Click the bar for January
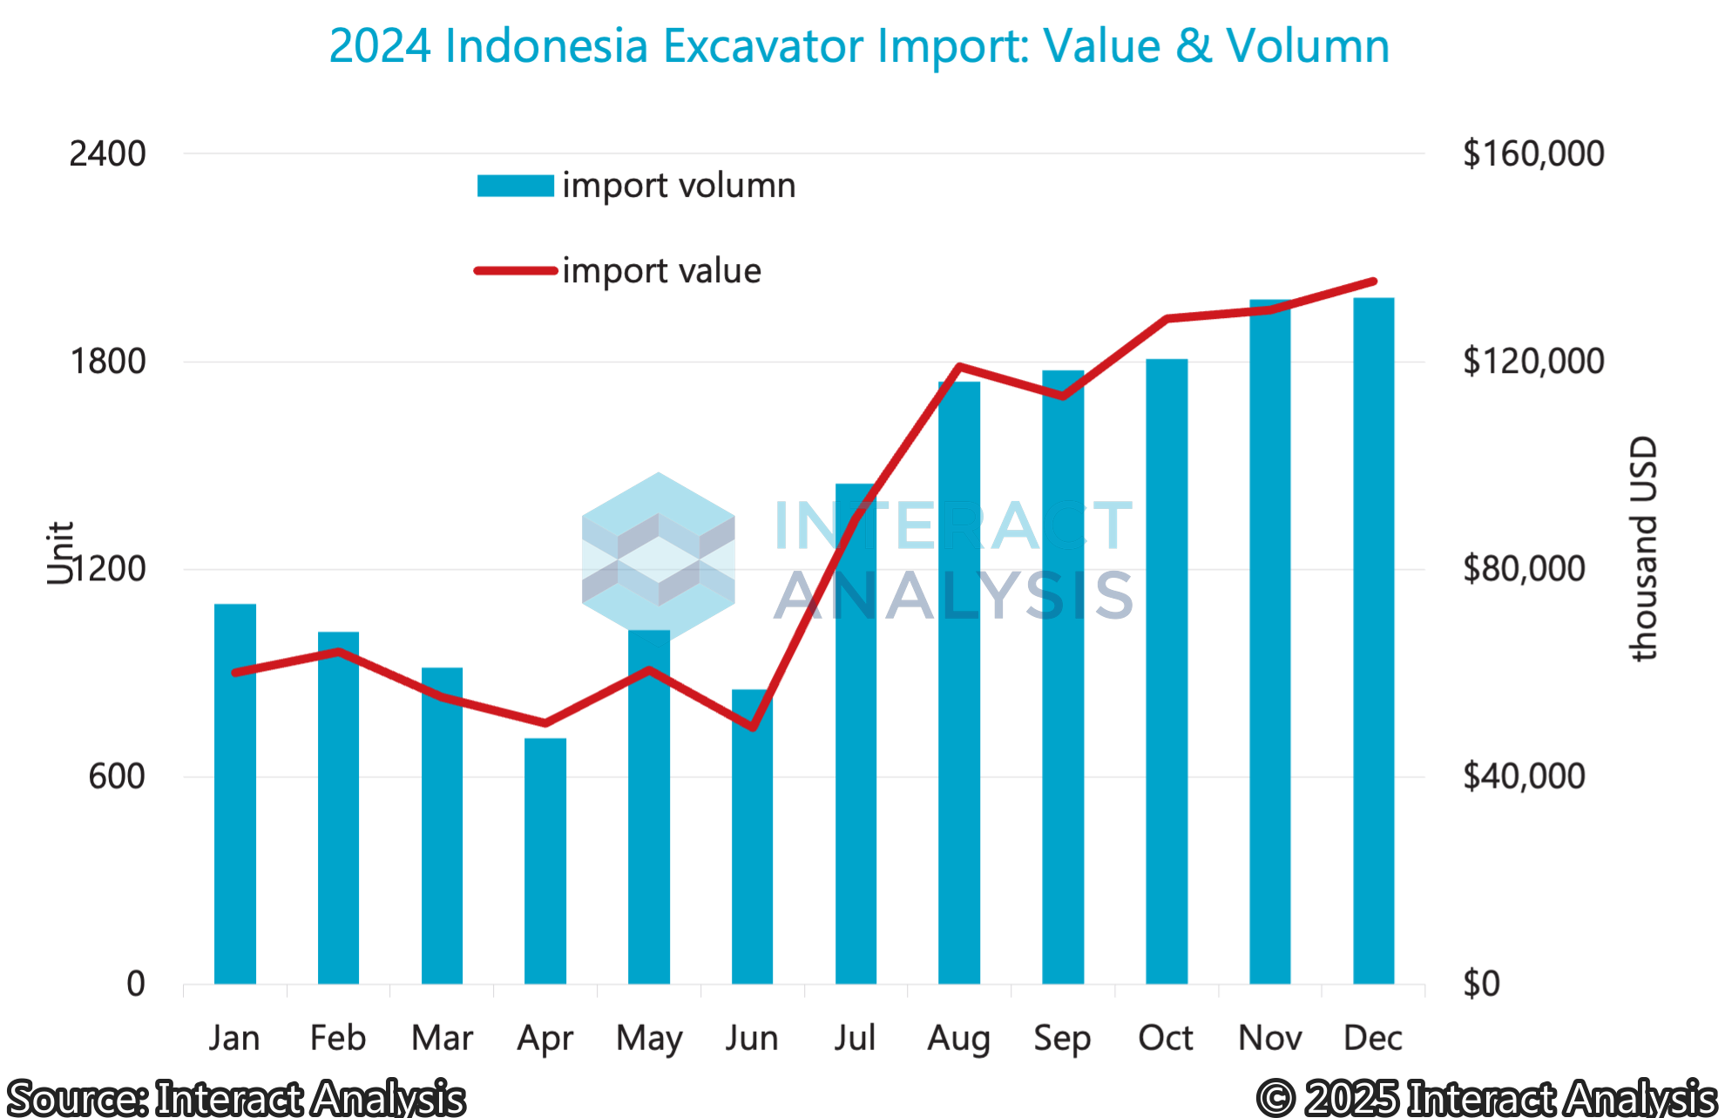tap(235, 793)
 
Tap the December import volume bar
tap(1374, 640)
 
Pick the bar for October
tap(1167, 671)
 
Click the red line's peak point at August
tap(959, 367)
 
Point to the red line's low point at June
tap(752, 727)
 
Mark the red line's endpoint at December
tap(1374, 281)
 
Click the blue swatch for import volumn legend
tap(515, 186)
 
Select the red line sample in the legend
tap(515, 271)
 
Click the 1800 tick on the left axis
tap(109, 362)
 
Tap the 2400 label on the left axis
tap(108, 154)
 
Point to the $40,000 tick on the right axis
tap(1524, 776)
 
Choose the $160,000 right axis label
tap(1533, 154)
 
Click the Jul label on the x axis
tap(855, 1038)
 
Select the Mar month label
tap(443, 1038)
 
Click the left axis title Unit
tap(60, 552)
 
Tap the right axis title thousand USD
tap(1643, 549)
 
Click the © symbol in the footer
tap(1275, 1098)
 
